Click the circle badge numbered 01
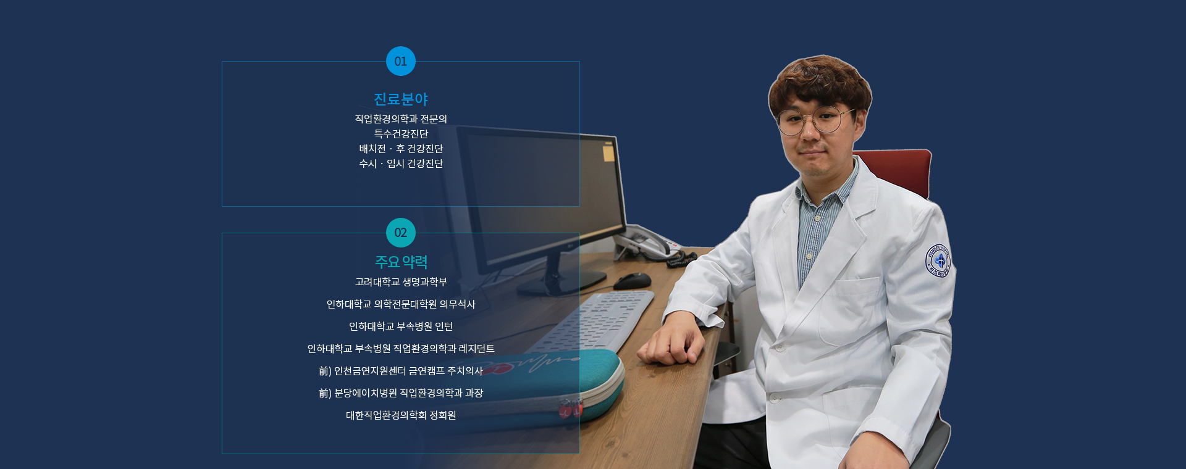(x=401, y=61)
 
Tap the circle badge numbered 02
(x=401, y=233)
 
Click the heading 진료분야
(x=401, y=99)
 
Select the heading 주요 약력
(x=401, y=262)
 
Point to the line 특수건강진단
(x=401, y=133)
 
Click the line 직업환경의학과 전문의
(x=401, y=118)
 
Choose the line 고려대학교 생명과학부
(x=401, y=282)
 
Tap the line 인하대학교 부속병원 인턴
(x=401, y=326)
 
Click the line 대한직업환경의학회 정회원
(x=401, y=415)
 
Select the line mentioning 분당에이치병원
(x=401, y=393)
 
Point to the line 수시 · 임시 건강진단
(x=401, y=164)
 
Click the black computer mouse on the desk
(x=632, y=281)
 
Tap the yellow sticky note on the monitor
(x=608, y=152)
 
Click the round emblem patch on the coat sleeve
(x=938, y=260)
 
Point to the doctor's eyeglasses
(x=815, y=120)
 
